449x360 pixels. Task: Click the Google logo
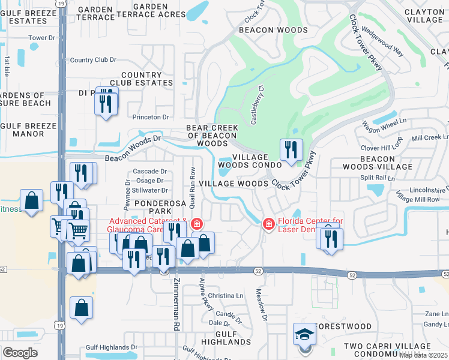(19, 353)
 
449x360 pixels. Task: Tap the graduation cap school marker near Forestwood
(304, 334)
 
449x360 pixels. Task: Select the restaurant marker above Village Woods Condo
(291, 150)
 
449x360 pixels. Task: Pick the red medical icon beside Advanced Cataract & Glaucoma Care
(196, 224)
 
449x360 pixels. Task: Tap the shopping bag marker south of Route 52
(81, 308)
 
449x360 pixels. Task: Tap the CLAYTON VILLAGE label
(423, 15)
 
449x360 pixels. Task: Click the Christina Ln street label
(225, 296)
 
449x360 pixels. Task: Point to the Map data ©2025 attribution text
(423, 355)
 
